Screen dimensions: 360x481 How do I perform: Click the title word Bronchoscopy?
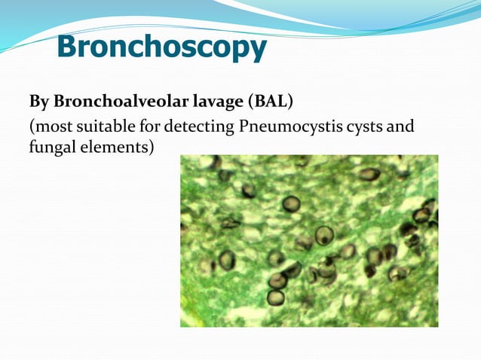click(x=161, y=47)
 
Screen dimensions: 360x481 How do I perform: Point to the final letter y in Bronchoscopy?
click(x=258, y=51)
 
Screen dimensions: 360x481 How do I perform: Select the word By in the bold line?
click(x=38, y=102)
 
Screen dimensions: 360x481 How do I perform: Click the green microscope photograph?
click(x=308, y=240)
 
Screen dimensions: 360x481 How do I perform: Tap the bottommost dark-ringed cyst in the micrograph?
click(x=276, y=297)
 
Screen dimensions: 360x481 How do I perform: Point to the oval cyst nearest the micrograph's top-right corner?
click(x=369, y=174)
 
